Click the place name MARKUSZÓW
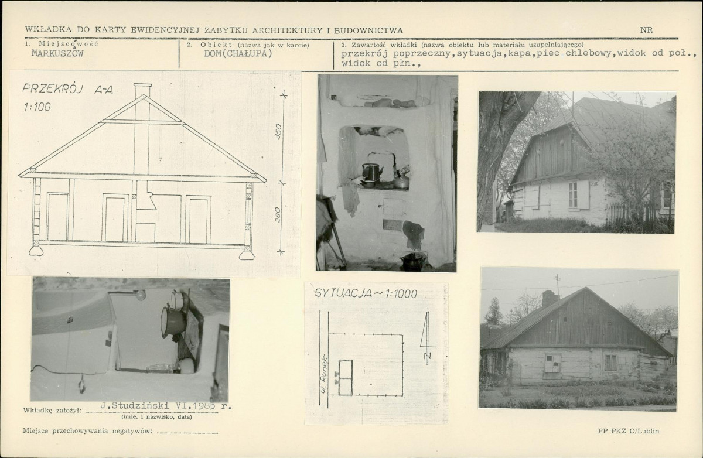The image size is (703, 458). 57,53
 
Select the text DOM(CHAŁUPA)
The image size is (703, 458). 238,53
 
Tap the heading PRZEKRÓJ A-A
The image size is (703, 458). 67,90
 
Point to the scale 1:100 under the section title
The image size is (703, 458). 37,107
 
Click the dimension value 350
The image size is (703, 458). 278,131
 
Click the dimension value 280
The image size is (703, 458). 278,215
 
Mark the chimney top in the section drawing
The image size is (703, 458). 142,85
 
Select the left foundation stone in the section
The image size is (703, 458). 36,251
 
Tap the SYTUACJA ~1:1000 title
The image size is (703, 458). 366,293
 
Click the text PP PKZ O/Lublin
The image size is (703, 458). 628,431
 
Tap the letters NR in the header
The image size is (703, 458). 647,30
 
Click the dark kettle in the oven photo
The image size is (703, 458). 372,172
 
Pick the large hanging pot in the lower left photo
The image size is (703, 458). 173,322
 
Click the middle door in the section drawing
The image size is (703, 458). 115,218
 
